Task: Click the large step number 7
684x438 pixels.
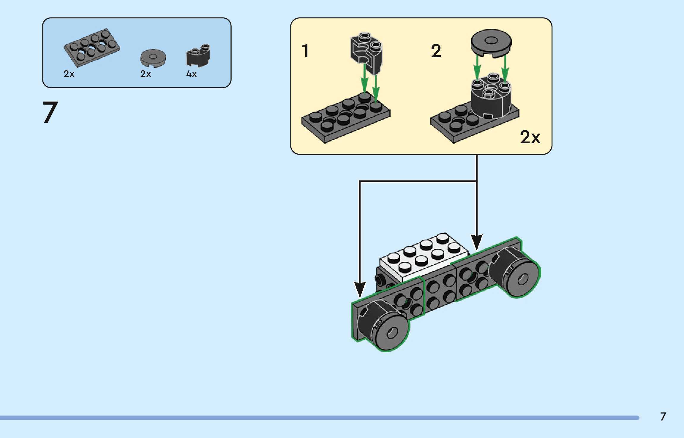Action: click(50, 112)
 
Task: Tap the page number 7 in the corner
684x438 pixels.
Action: click(663, 417)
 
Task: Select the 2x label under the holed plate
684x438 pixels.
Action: click(69, 74)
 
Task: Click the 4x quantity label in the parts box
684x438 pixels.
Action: click(191, 74)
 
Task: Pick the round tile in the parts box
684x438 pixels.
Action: click(153, 58)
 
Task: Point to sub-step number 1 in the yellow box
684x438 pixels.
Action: click(305, 51)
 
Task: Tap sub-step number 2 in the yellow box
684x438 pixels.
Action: click(436, 51)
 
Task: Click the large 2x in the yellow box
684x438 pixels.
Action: click(530, 137)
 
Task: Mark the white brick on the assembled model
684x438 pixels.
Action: click(423, 257)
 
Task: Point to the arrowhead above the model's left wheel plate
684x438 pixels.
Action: click(360, 289)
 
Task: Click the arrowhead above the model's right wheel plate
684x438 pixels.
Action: click(477, 242)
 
